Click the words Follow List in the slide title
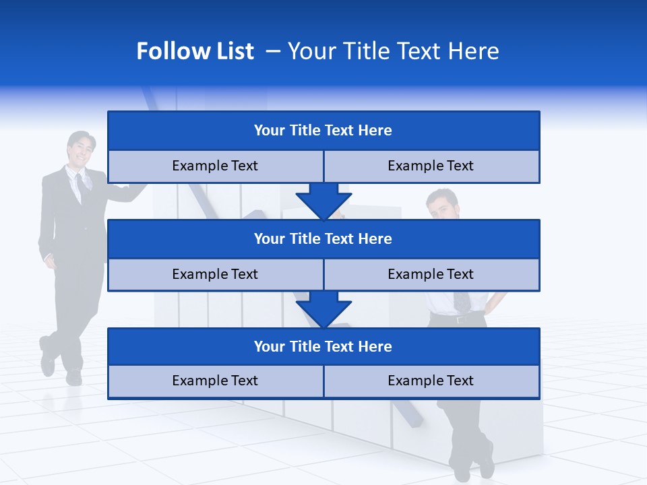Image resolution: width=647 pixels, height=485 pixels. coord(195,51)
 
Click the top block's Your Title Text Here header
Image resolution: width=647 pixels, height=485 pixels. coord(323,130)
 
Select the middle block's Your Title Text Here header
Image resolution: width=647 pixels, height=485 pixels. coord(323,238)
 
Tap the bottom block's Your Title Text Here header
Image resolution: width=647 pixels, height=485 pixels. coord(323,346)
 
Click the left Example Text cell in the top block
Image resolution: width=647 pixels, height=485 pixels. coord(215,166)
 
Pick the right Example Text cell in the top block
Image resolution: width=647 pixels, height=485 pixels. coord(431,166)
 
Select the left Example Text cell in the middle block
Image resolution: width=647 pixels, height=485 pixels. coord(215,274)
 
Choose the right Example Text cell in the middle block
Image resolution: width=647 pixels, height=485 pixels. coord(431,274)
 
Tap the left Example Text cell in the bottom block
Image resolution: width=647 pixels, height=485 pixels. coord(215,381)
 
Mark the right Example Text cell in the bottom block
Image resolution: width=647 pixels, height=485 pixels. coord(431,381)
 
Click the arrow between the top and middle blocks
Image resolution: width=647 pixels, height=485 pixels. coord(323,201)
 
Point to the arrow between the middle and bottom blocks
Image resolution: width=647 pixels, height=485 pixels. coord(323,309)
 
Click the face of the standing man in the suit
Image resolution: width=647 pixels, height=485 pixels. coord(80,150)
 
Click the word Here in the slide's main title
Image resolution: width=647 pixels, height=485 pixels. coord(474,51)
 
